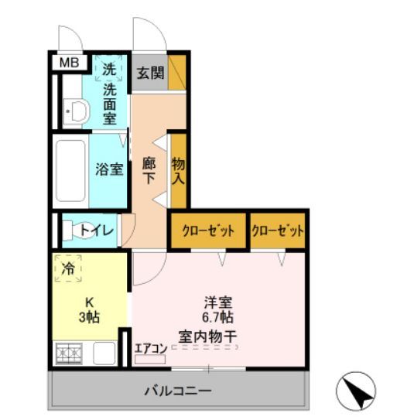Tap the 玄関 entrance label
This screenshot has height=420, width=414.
pos(150,73)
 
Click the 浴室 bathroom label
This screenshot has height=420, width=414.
pos(109,169)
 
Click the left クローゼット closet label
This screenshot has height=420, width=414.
pos(208,230)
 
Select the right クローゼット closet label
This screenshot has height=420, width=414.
pos(278,230)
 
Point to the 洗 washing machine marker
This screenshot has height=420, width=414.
pos(109,69)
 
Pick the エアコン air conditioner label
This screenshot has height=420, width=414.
pos(151,348)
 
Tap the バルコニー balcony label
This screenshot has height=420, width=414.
pos(177,391)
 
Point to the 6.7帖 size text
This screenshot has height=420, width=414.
pos(219,317)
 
